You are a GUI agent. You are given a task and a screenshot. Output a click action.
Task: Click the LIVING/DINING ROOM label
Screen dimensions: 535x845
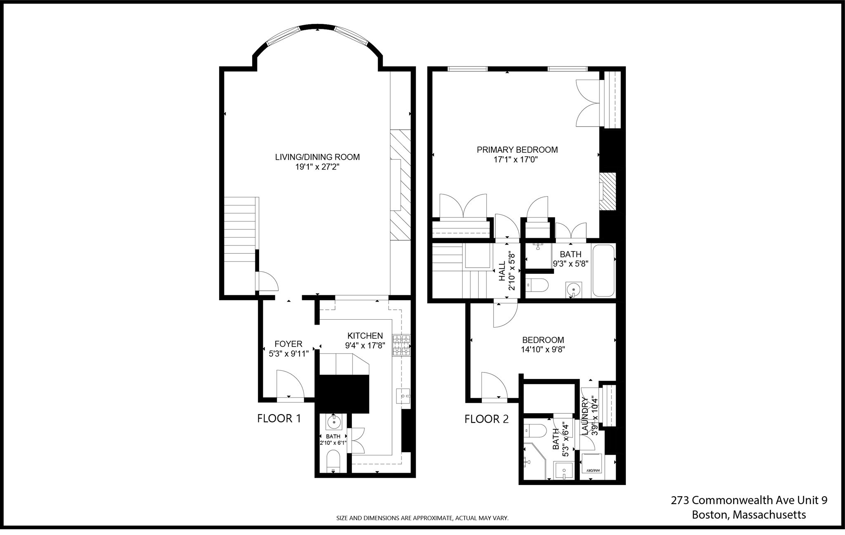[x=317, y=157]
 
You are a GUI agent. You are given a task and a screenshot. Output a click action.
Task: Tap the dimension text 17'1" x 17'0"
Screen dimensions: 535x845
[x=516, y=160]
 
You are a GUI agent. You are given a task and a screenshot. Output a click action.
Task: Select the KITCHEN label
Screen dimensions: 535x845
[x=365, y=336]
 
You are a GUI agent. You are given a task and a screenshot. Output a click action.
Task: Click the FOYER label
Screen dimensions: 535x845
[x=288, y=344]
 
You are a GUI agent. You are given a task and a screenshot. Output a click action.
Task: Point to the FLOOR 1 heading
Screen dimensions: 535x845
[x=279, y=419]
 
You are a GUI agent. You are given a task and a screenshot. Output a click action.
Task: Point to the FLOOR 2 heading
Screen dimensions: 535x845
[x=486, y=420]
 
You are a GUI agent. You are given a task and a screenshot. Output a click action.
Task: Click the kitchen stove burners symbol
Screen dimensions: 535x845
[x=402, y=345]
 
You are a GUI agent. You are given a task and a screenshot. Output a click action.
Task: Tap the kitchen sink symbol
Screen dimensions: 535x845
[x=403, y=396]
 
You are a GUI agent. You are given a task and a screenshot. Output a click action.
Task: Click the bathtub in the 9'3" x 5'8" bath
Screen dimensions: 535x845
[x=604, y=271]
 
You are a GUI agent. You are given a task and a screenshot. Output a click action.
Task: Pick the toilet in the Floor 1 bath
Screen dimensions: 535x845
[x=333, y=461]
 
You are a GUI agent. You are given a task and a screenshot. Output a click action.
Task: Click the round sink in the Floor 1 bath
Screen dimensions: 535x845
[x=333, y=422]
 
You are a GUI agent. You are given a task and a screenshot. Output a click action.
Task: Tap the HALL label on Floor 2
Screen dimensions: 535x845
[x=502, y=271]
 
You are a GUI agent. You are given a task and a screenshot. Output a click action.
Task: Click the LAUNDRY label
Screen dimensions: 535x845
[x=585, y=416]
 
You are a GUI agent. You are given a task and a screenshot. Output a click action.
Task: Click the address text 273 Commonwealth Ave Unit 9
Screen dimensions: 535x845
[x=748, y=500]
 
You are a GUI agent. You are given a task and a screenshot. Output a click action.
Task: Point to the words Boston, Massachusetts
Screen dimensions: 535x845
[x=748, y=515]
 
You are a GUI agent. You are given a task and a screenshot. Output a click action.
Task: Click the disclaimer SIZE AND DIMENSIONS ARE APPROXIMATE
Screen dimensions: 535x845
[x=422, y=518]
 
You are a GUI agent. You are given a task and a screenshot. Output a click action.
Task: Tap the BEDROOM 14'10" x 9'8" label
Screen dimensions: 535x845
[x=543, y=344]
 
